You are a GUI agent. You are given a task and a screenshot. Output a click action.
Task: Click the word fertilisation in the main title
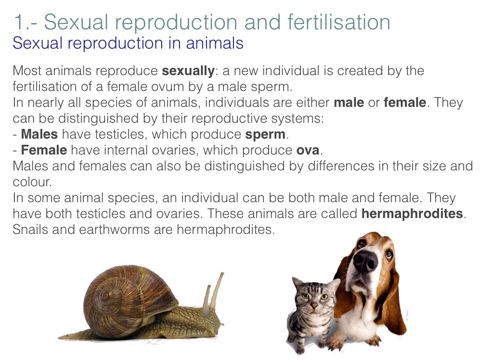tap(338, 22)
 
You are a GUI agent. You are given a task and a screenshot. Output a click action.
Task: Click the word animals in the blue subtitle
tap(214, 43)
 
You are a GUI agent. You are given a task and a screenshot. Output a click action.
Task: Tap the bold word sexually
tap(188, 71)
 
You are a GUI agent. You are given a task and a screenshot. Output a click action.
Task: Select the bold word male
tap(349, 103)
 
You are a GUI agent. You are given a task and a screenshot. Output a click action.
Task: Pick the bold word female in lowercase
tap(404, 103)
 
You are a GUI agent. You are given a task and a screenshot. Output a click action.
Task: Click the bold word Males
tap(39, 134)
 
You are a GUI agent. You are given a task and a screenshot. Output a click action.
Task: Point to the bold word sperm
tap(265, 135)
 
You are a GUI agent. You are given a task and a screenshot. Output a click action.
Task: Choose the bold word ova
tap(308, 151)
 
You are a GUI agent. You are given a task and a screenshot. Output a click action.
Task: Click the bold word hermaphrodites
tap(412, 214)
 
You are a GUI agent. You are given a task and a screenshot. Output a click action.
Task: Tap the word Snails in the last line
tap(30, 230)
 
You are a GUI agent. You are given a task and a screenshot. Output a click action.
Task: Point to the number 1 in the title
tap(19, 23)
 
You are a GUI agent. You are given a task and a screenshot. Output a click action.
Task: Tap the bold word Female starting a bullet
tap(44, 150)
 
